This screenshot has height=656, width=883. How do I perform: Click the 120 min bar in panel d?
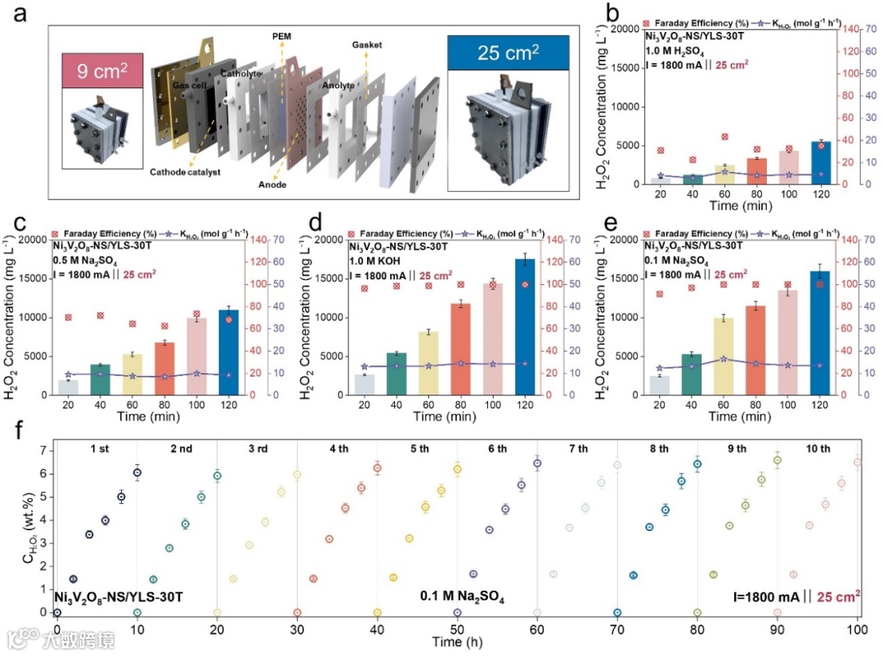(x=524, y=327)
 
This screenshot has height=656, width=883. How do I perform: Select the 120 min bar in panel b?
(x=820, y=163)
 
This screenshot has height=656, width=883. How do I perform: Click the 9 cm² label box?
(x=102, y=72)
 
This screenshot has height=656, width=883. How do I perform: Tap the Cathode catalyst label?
(x=185, y=172)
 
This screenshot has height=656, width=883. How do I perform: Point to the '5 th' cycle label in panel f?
(x=419, y=449)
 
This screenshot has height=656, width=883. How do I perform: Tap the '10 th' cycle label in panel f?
(x=818, y=449)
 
